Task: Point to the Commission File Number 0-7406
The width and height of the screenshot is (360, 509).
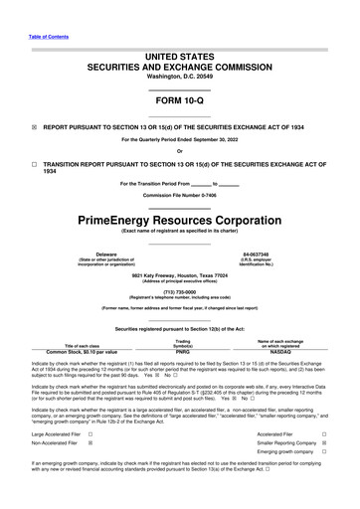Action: coord(179,193)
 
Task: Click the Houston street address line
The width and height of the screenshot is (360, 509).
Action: coord(179,273)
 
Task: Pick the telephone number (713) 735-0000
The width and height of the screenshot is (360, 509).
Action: coord(179,293)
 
